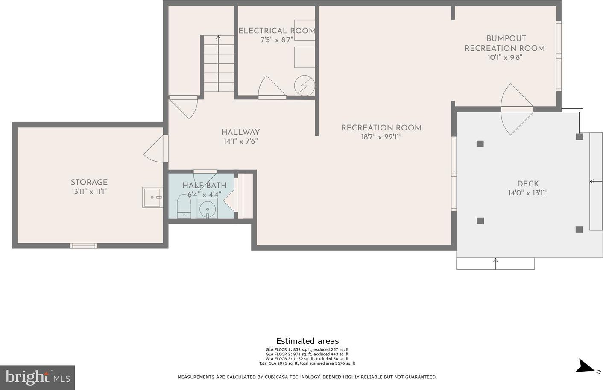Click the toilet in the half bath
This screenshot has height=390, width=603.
pos(184,206)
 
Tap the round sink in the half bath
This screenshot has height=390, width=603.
pos(207,209)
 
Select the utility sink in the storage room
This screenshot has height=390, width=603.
pos(152,197)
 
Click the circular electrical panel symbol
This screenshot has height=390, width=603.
pos(304,85)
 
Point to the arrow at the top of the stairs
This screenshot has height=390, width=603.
pos(218,38)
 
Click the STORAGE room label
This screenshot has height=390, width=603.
pos(89,182)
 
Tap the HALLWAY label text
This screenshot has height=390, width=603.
pos(240,132)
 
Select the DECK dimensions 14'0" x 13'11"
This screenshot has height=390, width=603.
pos(528,193)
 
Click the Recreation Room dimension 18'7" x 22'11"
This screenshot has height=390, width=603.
pos(381,137)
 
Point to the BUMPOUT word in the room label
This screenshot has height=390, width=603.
pos(506,38)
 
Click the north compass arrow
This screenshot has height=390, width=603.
pos(584,366)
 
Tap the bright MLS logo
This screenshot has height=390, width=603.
pos(38,377)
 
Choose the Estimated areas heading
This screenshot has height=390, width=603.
pos(307,341)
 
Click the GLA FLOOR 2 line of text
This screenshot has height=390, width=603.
pos(307,354)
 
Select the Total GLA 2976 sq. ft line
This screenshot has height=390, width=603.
pos(307,363)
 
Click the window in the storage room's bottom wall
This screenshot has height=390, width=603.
pos(83,245)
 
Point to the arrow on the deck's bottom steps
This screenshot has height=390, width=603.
pos(495,263)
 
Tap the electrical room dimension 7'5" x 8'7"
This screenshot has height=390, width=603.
pos(277,40)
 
